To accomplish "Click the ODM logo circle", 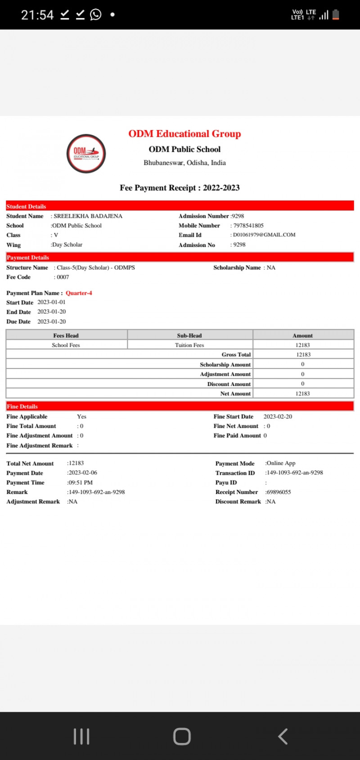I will pos(86,153).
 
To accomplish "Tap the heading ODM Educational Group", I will pos(184,134).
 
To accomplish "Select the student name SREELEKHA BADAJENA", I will pos(88,216).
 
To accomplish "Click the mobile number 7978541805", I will pos(248,225).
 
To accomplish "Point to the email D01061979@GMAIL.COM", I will pos(264,235).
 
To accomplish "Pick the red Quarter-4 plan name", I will pos(79,293).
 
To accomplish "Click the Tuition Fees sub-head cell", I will pos(189,345).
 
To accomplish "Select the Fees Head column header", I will pos(66,335).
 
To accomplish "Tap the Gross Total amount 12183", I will pos(303,355).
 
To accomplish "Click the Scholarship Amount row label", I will pos(225,364).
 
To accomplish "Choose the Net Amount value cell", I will pos(303,394).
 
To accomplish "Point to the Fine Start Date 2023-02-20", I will pos(278,417).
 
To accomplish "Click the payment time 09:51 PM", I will pos(81,482).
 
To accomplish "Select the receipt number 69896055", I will pos(279,492).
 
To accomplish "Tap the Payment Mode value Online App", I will pos(281,463).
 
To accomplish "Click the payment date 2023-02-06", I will pos(83,473).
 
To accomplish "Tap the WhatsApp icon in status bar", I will pos(96,15).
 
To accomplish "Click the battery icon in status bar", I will pos(336,15).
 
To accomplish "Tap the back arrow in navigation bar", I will pos(283,737).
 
